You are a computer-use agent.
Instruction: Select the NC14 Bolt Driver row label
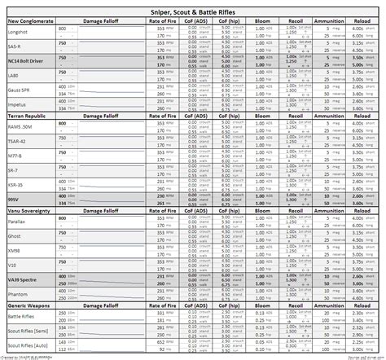click(x=25, y=61)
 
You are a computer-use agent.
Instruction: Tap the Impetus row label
click(x=17, y=104)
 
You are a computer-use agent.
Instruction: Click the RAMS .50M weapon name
click(x=20, y=128)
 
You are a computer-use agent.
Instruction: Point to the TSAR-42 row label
click(x=17, y=141)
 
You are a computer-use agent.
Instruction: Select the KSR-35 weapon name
click(x=16, y=185)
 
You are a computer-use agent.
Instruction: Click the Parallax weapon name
click(x=17, y=221)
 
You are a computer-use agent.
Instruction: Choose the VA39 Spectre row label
click(x=22, y=279)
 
